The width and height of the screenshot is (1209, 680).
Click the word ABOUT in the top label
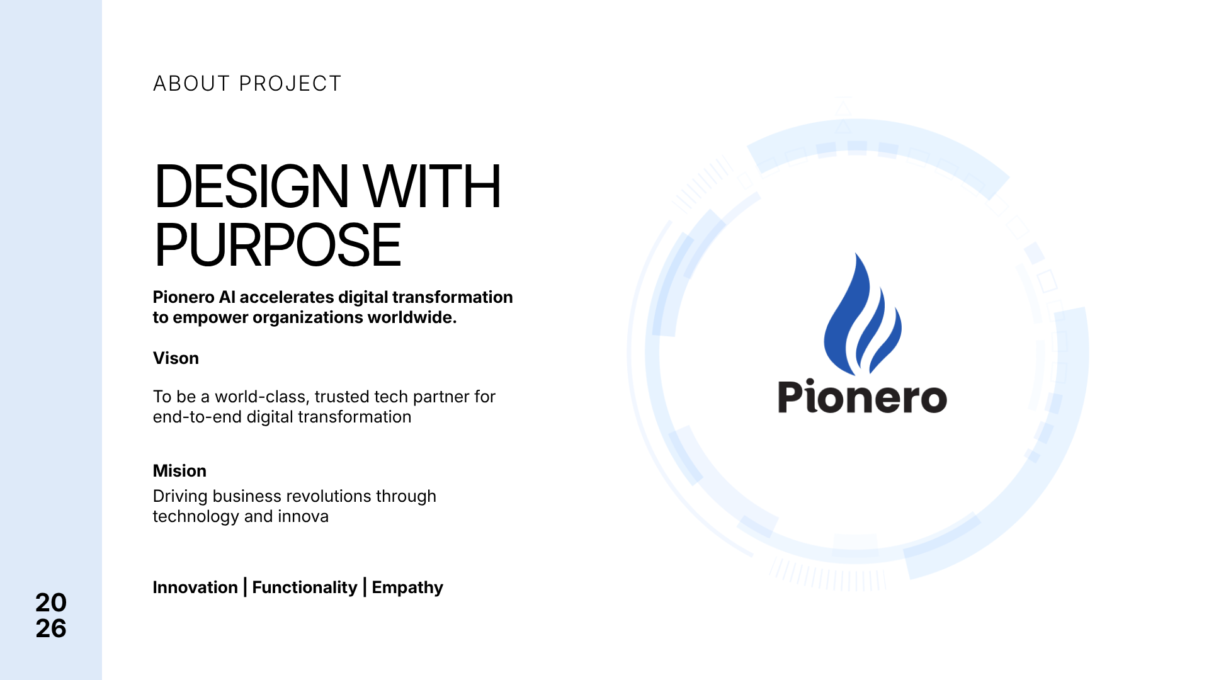(191, 84)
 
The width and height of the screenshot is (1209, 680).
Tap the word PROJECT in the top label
(290, 84)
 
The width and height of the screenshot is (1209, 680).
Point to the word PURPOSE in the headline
(278, 245)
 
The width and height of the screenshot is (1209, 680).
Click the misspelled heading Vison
(176, 358)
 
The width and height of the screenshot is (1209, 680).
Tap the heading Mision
(179, 471)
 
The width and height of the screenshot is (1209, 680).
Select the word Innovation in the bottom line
(195, 587)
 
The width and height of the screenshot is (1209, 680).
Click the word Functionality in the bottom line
(305, 588)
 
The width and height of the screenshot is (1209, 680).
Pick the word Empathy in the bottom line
(407, 588)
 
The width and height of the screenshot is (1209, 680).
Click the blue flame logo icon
(863, 314)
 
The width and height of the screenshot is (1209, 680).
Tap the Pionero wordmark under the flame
(863, 397)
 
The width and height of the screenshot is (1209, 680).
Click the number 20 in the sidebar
(51, 603)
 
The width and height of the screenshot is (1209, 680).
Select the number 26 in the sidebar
(51, 628)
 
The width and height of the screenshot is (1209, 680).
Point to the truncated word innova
(304, 516)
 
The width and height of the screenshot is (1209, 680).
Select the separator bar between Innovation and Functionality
(245, 587)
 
